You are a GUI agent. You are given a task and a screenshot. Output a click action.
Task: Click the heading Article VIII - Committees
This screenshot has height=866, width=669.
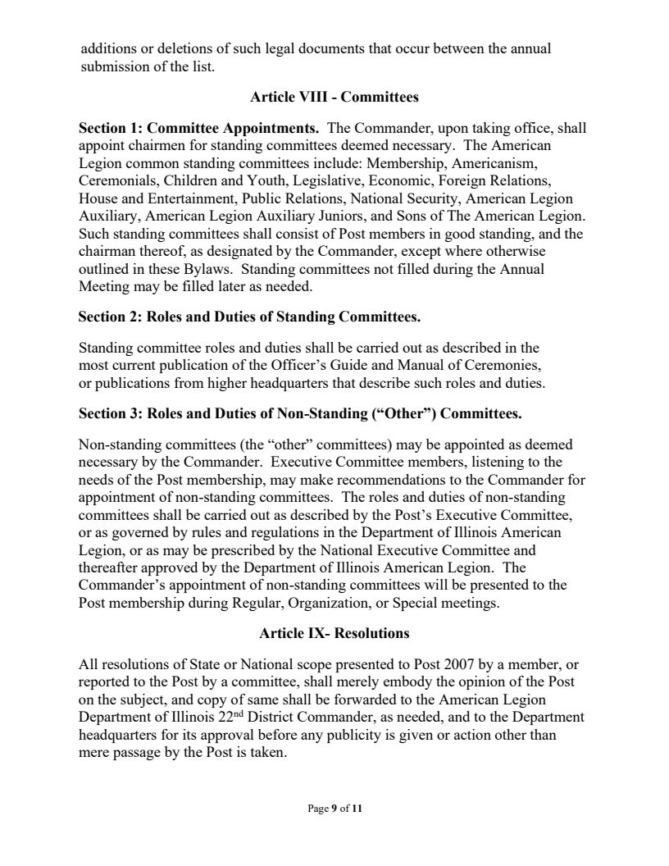(x=334, y=98)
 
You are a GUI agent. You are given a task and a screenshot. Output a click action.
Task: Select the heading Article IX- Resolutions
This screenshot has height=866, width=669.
(x=334, y=634)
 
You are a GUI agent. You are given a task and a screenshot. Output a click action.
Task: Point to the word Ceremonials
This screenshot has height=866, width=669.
(x=114, y=180)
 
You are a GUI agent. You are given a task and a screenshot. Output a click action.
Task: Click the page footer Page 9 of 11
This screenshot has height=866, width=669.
(x=334, y=809)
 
